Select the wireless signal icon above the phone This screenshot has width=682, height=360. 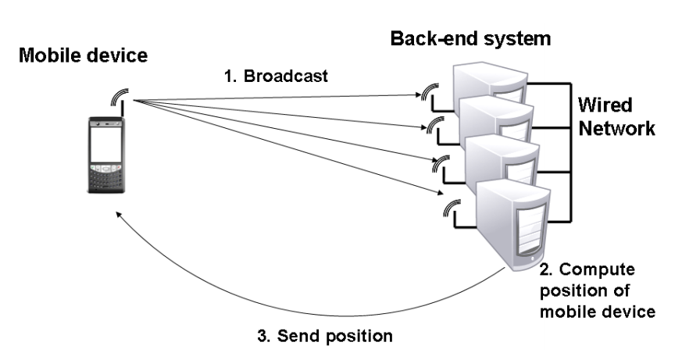click(x=116, y=99)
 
